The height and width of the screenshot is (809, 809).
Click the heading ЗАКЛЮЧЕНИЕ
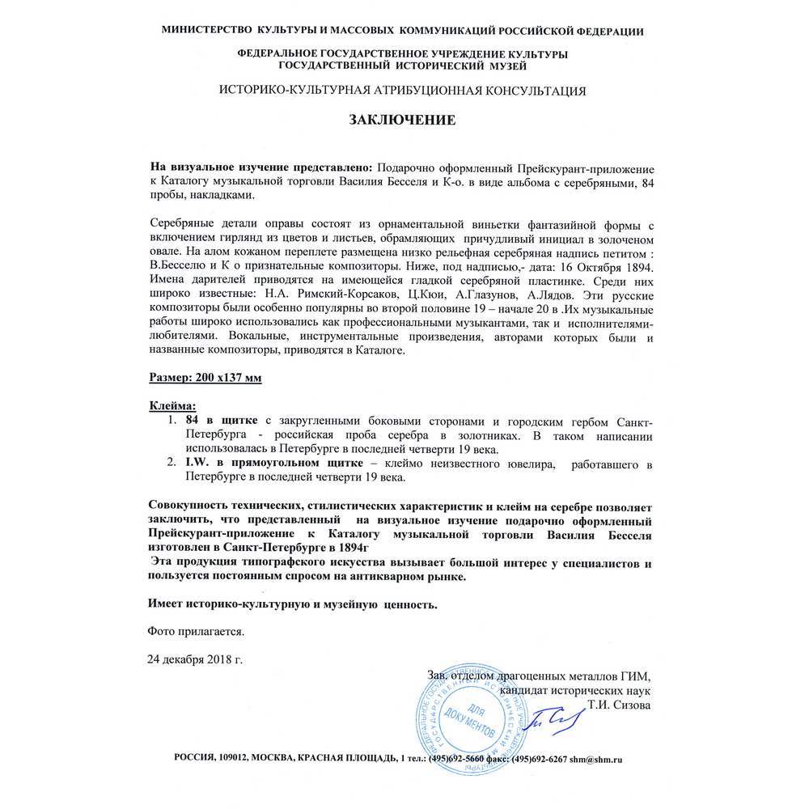[403, 120]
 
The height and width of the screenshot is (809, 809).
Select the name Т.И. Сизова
[620, 705]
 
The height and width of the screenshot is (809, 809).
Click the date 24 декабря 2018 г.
[194, 659]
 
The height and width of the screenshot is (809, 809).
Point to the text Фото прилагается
[194, 629]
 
